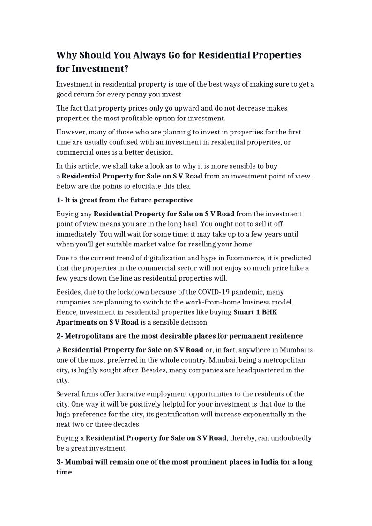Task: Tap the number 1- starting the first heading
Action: point(60,200)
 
